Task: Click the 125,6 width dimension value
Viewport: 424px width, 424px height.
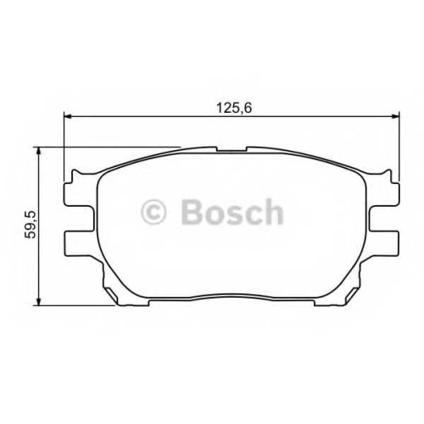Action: click(x=234, y=109)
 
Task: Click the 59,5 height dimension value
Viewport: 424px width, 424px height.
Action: click(x=31, y=225)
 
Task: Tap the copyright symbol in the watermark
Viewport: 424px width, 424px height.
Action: click(x=153, y=212)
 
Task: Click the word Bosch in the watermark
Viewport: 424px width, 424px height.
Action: click(x=232, y=211)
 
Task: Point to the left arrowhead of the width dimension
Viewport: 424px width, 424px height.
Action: click(x=68, y=116)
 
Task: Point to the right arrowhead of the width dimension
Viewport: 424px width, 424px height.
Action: click(x=395, y=116)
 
